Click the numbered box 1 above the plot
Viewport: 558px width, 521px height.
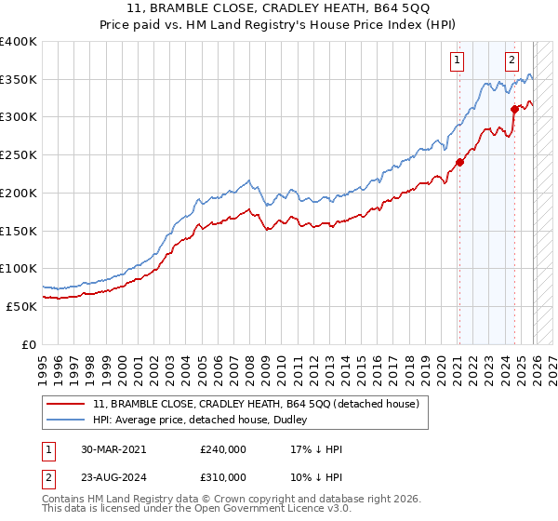click(x=458, y=61)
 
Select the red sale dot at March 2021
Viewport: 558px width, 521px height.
click(x=458, y=164)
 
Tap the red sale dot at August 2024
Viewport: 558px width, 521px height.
click(x=514, y=111)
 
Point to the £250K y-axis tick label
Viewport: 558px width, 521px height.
click(x=18, y=154)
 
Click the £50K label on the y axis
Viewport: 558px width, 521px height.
click(x=20, y=306)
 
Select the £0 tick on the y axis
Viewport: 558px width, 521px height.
click(x=28, y=344)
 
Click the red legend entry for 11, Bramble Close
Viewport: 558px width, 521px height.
click(x=257, y=404)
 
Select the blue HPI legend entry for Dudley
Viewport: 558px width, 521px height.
click(x=206, y=421)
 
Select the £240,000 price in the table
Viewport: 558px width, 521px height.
click(x=223, y=449)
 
